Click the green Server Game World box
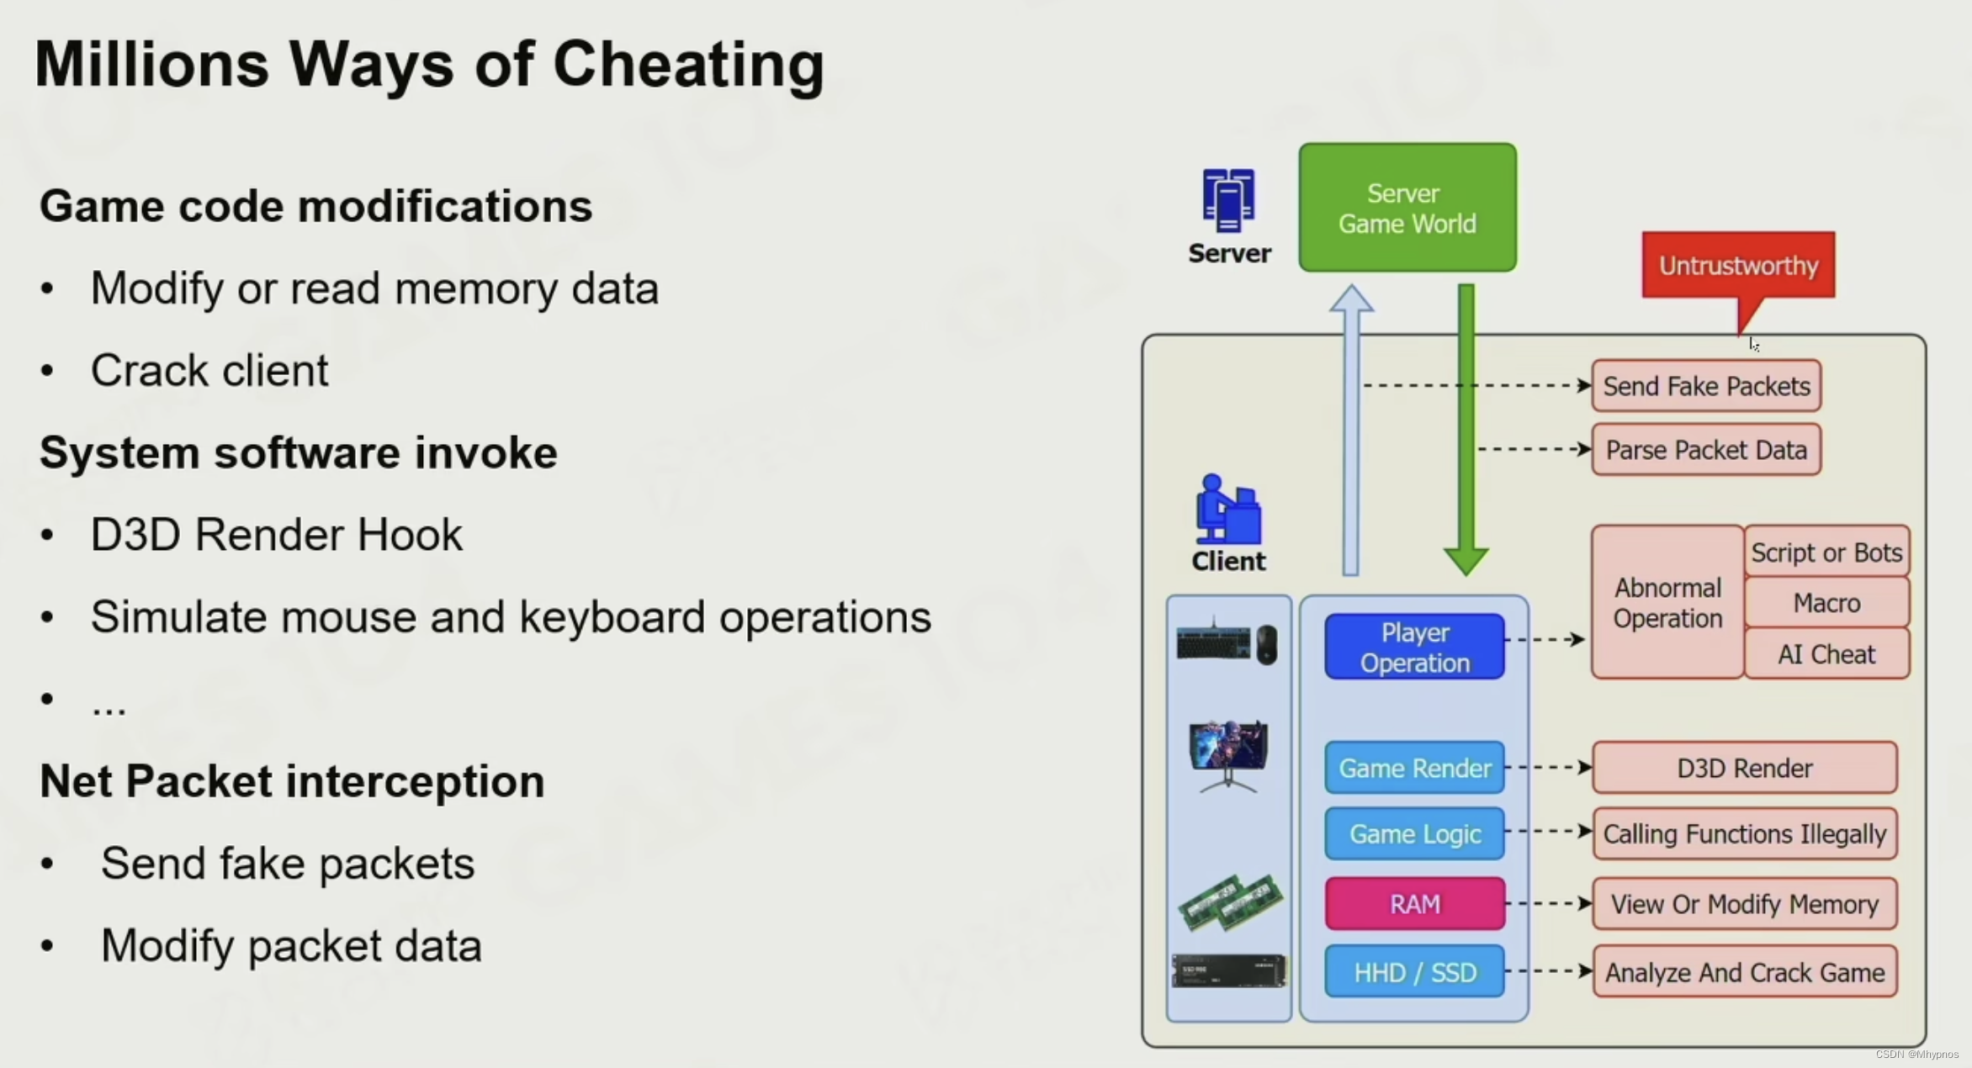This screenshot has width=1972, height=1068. coord(1407,208)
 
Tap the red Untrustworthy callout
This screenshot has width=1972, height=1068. coord(1738,265)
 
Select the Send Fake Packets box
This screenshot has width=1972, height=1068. coord(1706,386)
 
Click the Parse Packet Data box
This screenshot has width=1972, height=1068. coord(1706,450)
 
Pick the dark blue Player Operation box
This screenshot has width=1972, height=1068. coord(1414,647)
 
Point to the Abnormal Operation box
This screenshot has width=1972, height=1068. coord(1667,602)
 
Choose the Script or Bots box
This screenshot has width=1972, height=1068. coord(1826,552)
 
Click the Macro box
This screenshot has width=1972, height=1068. coord(1826,602)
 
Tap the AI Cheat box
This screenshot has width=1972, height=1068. coord(1826,653)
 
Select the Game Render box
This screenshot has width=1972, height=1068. coord(1414,768)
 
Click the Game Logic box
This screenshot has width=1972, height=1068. coord(1414,833)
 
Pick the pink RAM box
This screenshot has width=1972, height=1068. coord(1414,903)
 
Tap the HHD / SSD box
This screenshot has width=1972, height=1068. coord(1414,972)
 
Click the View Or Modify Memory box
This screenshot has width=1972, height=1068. coord(1744,903)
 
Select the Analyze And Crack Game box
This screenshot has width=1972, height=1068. coord(1744,972)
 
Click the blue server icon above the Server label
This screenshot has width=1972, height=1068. coord(1228,200)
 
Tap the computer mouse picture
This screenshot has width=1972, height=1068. coord(1267,645)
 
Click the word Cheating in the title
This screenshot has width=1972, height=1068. coord(688,64)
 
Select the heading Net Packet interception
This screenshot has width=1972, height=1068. coord(292,780)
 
